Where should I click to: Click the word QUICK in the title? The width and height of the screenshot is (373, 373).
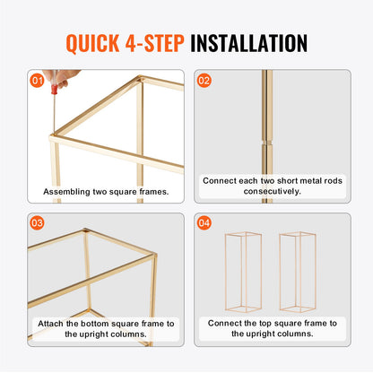click(99, 42)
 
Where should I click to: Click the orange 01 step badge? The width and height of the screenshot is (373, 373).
click(37, 80)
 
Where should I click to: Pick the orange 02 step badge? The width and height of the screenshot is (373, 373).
click(204, 80)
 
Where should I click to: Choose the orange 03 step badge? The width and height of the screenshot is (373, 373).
click(37, 222)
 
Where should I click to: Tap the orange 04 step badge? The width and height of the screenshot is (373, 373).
click(204, 222)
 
